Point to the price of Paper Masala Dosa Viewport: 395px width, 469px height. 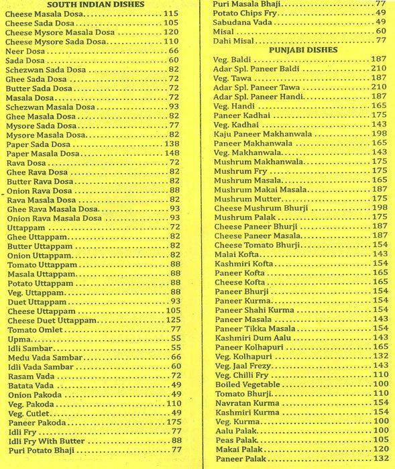point(171,153)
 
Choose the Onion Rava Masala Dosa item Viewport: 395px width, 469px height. point(54,218)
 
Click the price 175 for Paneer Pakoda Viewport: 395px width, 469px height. point(173,423)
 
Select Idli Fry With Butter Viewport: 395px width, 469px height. point(46,441)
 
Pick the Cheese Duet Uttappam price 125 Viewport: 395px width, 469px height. point(173,320)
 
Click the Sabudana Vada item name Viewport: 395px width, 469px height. point(240,21)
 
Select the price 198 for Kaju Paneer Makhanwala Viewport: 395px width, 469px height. point(380,134)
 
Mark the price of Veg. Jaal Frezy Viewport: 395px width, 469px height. point(380,366)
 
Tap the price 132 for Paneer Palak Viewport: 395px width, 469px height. point(380,459)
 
